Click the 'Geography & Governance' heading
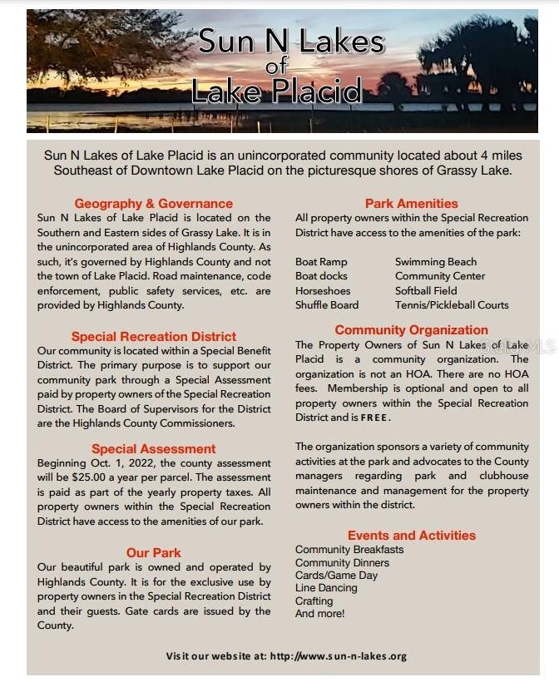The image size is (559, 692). tap(153, 204)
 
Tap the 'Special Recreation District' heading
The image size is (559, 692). tap(154, 337)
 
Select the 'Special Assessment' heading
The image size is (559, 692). tap(154, 449)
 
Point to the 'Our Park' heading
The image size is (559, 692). tap(154, 553)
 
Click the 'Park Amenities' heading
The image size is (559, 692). tap(411, 204)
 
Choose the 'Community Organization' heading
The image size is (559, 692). tap(411, 330)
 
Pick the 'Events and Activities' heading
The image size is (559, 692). tap(411, 536)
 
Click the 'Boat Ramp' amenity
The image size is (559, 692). tap(321, 262)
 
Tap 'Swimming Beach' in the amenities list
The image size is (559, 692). tap(436, 262)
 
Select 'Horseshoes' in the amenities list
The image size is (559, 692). tap(323, 291)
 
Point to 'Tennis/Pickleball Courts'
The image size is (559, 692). tap(452, 305)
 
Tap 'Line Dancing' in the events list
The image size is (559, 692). tap(326, 588)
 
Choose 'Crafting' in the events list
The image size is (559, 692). tap(314, 601)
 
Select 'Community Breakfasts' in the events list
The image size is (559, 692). tap(349, 550)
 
